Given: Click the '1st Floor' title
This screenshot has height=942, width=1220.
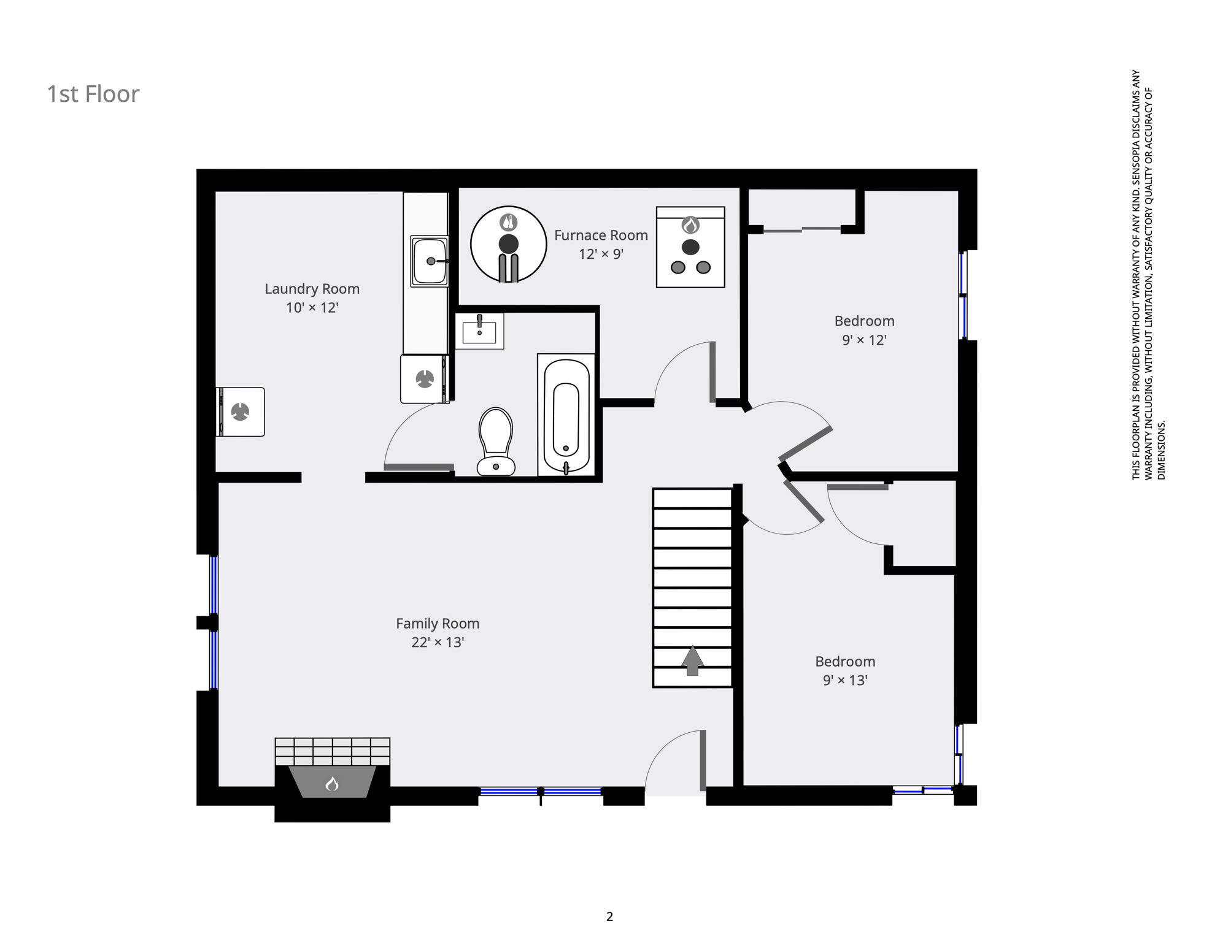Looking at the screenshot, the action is coord(93,94).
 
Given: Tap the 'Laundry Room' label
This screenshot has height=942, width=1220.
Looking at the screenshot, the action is coord(312,289).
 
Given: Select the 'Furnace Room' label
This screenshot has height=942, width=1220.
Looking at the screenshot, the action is coord(601,235).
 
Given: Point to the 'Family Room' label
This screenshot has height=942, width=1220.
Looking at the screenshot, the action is coord(438,624).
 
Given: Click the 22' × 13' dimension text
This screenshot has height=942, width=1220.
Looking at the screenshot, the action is coord(438,642).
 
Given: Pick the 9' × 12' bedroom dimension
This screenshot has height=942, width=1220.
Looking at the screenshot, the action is coord(864,340).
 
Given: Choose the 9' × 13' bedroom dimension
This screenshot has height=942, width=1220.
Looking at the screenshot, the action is coord(845,680).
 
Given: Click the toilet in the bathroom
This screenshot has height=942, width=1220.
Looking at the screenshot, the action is coord(496,442).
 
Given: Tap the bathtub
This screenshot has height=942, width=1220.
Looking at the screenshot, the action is coord(566,415).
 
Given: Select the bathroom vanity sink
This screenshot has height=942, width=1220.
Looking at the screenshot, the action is coord(479,331).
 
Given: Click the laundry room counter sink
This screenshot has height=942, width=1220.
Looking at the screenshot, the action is coord(430,261).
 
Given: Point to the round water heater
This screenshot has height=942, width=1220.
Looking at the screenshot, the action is coord(509,244).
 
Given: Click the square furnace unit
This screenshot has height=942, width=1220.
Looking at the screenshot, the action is coord(690,247).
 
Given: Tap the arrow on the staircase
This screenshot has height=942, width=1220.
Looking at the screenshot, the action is coord(692,661).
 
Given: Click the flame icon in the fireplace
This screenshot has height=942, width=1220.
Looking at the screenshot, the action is coord(332,784).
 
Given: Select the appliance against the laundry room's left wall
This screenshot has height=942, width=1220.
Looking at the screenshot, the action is coord(241,412).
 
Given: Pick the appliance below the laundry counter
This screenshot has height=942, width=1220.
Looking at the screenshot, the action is coord(425,379).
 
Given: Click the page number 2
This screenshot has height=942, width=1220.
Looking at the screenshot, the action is coord(609,917).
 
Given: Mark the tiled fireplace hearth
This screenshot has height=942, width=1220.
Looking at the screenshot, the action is coord(332,751).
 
